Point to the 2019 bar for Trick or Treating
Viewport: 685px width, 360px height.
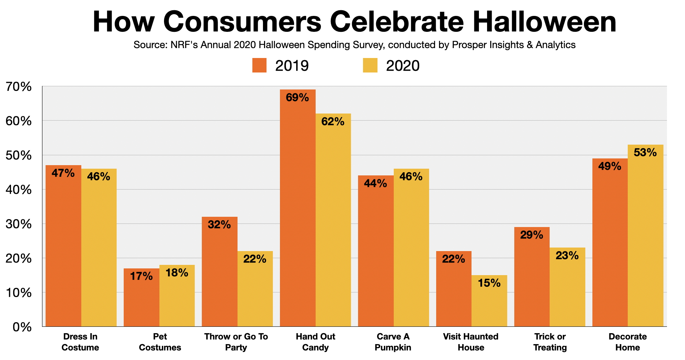point(532,279)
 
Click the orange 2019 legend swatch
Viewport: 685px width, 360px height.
point(259,65)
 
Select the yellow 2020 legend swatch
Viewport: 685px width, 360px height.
point(370,65)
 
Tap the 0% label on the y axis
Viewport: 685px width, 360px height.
point(22,327)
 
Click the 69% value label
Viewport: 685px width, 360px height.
point(297,98)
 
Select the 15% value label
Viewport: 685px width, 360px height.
point(489,283)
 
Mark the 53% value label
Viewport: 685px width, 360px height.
point(645,152)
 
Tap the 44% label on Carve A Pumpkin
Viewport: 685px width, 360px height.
point(375,183)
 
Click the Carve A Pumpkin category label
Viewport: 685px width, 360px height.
point(393,342)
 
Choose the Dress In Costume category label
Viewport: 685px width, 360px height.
point(80,342)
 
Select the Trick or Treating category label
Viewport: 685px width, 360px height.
point(550,342)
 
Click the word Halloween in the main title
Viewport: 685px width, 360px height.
point(544,22)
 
